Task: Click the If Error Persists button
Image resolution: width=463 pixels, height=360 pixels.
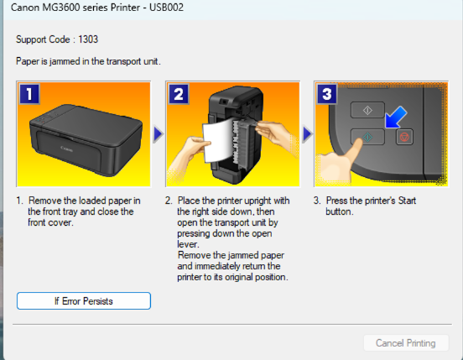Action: click(x=84, y=301)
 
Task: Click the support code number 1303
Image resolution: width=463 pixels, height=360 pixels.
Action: click(x=88, y=39)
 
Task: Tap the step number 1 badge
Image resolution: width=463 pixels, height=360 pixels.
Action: click(x=29, y=94)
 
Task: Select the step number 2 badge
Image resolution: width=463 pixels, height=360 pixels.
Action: click(x=179, y=94)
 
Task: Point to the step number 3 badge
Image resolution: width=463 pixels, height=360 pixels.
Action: click(x=327, y=94)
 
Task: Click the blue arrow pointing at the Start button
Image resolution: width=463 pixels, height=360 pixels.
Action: click(x=396, y=117)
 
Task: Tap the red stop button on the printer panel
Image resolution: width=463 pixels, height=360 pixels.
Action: click(x=404, y=137)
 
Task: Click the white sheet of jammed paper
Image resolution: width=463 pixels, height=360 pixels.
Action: click(x=217, y=141)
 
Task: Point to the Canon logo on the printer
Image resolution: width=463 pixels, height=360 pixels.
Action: click(x=67, y=149)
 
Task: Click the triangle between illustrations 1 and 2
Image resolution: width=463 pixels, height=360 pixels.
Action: click(x=159, y=134)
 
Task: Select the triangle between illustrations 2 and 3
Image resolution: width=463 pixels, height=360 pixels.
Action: click(x=307, y=134)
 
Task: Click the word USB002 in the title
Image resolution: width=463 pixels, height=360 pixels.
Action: click(x=166, y=7)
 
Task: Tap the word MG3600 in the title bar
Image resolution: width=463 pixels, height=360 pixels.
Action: click(x=60, y=7)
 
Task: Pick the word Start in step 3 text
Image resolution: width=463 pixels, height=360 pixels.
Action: click(x=407, y=201)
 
